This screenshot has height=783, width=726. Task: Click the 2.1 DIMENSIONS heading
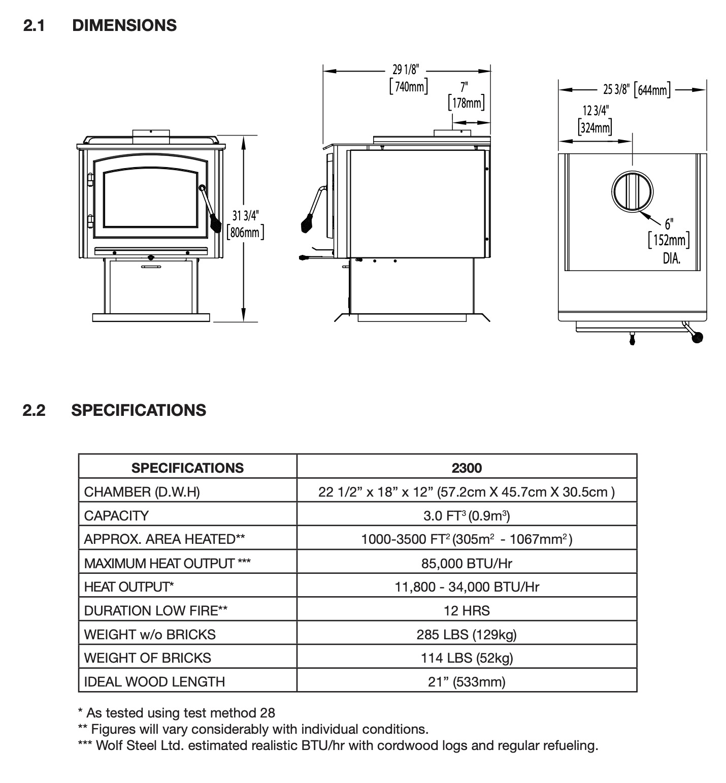(x=100, y=25)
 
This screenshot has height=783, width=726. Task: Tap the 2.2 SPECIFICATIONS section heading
(x=114, y=410)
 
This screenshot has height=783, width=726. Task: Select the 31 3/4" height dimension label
(x=245, y=224)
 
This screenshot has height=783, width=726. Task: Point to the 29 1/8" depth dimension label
(x=407, y=78)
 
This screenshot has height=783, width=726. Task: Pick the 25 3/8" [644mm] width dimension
(x=636, y=90)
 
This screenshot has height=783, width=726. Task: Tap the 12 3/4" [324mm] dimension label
(x=595, y=119)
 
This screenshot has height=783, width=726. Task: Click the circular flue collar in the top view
(x=632, y=191)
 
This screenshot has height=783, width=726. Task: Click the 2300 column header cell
(x=467, y=468)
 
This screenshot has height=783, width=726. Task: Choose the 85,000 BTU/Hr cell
(x=467, y=563)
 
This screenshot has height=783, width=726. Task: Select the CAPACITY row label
(x=116, y=515)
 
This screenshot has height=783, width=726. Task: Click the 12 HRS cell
(x=467, y=610)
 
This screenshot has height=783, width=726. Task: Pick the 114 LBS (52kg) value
(x=467, y=658)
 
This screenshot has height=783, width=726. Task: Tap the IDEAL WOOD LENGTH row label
(x=154, y=681)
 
